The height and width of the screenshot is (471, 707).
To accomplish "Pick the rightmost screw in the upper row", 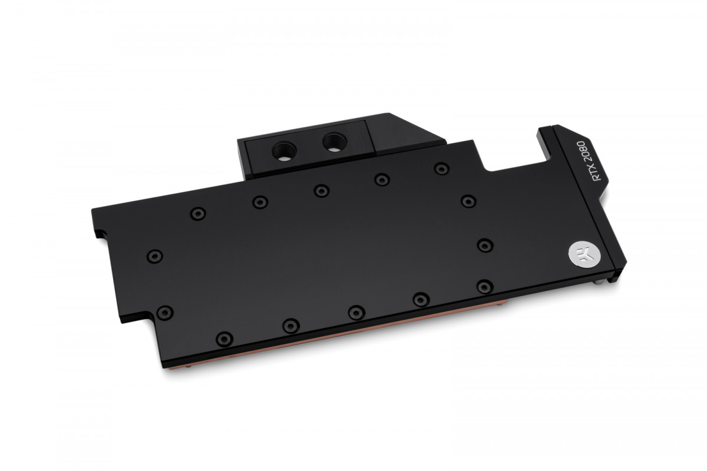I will click(x=440, y=168).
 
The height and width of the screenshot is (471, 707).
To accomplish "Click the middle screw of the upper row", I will click(x=320, y=190).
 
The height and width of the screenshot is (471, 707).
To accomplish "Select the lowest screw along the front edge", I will click(x=225, y=338).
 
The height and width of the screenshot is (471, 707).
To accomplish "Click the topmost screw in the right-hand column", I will click(x=467, y=201).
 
